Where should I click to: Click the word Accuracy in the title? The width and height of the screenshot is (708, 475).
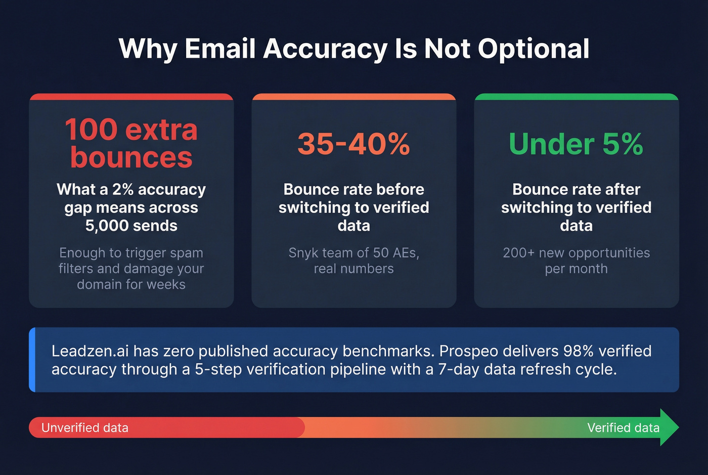[x=325, y=49]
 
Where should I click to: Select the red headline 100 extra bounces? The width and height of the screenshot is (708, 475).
[x=131, y=143]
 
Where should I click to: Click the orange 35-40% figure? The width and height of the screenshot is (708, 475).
[x=353, y=144]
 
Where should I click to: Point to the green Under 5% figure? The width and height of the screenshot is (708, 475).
[x=576, y=144]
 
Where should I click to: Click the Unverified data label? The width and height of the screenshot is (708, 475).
[x=85, y=428]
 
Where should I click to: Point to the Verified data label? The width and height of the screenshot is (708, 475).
[x=623, y=428]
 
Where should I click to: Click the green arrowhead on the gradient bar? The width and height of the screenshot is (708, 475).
[x=669, y=427]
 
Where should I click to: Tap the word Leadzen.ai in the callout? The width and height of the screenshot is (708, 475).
[x=90, y=351]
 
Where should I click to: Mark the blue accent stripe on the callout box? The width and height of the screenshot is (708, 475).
[x=32, y=360]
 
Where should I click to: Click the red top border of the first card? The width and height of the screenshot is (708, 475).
[x=131, y=96]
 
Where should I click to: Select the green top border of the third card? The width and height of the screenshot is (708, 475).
[x=576, y=96]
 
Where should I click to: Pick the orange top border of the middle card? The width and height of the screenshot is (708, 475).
[x=353, y=96]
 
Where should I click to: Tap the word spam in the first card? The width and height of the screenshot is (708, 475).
[x=187, y=252]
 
